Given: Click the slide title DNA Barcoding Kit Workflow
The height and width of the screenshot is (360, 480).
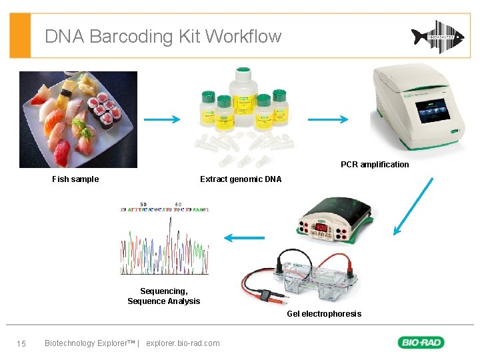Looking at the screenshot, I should point(163,36).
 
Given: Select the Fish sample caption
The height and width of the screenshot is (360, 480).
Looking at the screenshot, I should point(75,179).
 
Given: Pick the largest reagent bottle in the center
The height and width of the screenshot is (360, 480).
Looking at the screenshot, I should point(243,94).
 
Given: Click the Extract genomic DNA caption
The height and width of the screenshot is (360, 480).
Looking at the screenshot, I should point(241,179).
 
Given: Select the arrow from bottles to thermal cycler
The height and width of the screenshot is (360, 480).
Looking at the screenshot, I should point(327,120).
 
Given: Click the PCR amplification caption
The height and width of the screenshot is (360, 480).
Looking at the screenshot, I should point(375,165).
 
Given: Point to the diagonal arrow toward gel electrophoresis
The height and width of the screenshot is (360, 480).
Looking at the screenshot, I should point(413,207).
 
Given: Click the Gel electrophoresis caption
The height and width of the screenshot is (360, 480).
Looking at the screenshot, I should point(324,314).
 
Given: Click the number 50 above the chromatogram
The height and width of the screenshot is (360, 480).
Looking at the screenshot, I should point(143,204).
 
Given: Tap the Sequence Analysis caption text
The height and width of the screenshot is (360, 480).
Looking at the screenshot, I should point(163,301).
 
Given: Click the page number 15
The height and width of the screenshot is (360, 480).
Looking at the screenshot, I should point(21,343).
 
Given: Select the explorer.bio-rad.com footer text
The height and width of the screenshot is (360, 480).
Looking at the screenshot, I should point(182,343).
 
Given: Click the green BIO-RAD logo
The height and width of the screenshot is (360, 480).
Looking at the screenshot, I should point(421,343).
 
